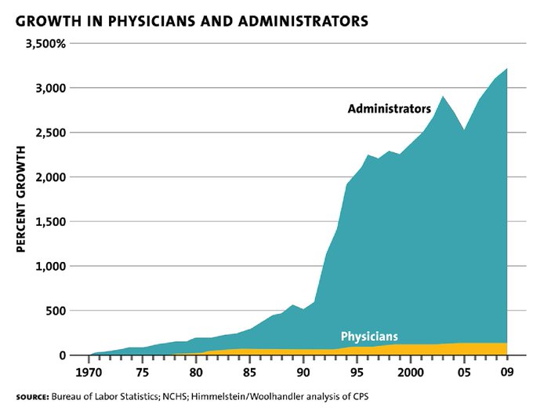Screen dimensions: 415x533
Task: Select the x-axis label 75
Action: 143,371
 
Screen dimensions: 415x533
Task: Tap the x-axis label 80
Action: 196,371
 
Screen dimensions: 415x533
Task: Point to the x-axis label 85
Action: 250,371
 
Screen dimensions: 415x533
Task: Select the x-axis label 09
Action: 508,371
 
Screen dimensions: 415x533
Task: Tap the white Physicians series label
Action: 369,336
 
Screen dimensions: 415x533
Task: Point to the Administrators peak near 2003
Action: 443,97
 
